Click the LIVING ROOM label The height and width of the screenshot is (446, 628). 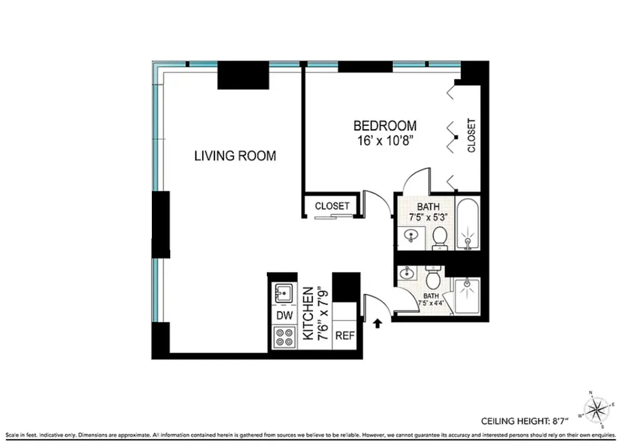[235, 156]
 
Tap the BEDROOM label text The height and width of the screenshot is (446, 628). [385, 125]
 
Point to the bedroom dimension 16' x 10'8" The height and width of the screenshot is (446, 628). [385, 140]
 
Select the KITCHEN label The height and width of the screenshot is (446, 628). [307, 313]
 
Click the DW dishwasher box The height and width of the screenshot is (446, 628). [284, 316]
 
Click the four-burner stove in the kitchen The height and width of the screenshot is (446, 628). [284, 337]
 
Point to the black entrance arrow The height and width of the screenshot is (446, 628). [378, 322]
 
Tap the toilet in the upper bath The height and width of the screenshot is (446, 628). [439, 237]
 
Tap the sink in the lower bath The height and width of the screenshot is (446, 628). [408, 273]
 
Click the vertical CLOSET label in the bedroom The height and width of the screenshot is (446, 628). [472, 135]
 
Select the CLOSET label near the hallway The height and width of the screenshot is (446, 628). [332, 206]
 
